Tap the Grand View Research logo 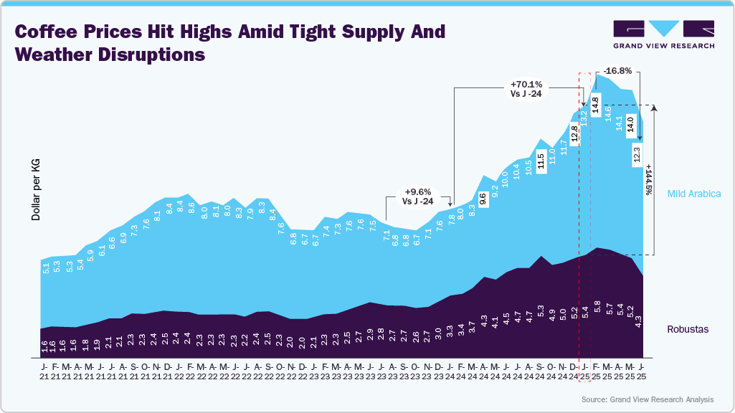click(x=663, y=34)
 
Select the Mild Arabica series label click(x=693, y=194)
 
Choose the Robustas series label click(x=687, y=330)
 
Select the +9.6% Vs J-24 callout click(x=417, y=196)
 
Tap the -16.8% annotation click(x=617, y=71)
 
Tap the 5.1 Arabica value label click(x=46, y=270)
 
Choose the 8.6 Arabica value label click(x=191, y=209)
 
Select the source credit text click(x=648, y=399)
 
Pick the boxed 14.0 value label click(x=630, y=123)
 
